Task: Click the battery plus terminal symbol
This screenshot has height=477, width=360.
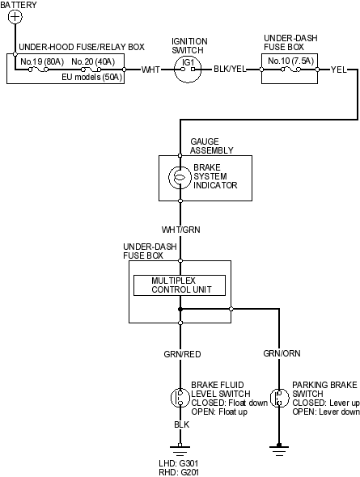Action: coord(15,16)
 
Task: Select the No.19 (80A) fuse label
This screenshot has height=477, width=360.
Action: coord(42,61)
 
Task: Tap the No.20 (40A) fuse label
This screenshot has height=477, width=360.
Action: coord(93,61)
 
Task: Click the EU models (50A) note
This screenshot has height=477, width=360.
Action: coord(92,77)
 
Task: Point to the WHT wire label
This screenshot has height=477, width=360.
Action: coord(150,70)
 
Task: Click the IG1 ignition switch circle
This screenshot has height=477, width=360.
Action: coord(188,70)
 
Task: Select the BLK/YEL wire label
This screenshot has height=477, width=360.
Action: coord(230,69)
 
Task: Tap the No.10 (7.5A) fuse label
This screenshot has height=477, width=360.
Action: coord(290,61)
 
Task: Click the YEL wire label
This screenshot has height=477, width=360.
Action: coord(339,70)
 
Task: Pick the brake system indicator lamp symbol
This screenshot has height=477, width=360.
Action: coord(180,178)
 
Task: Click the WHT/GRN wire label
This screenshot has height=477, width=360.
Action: coord(181,230)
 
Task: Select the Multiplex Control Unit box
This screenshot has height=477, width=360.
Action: coord(180,285)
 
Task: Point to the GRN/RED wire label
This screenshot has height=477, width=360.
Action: coord(182,354)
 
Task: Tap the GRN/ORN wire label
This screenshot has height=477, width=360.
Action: coord(282,353)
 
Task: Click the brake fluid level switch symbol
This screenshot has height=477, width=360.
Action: coord(180,398)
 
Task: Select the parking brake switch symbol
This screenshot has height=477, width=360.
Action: coord(279,398)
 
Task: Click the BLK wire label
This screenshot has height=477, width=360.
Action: coord(182,424)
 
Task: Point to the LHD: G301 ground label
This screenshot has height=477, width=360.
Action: coord(179,463)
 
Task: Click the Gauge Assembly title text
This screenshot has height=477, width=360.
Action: coord(212,146)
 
